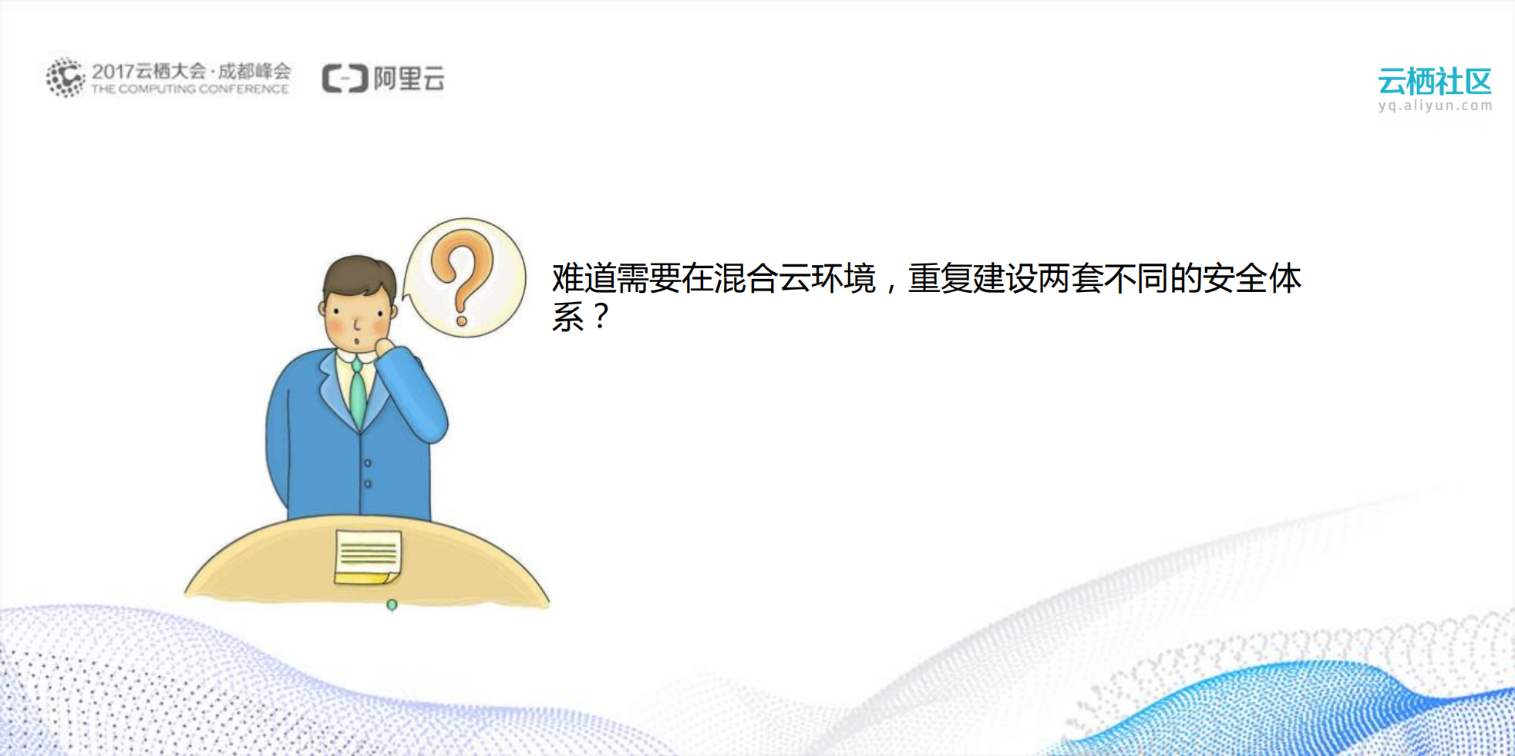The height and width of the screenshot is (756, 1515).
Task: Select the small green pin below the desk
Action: pos(392,606)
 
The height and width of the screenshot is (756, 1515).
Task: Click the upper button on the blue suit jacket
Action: pos(368,463)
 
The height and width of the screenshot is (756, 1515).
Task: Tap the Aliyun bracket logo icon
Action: pos(344,79)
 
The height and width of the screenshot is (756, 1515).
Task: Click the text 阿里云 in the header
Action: pos(409,79)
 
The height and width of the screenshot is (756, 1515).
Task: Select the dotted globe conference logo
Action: pos(65,77)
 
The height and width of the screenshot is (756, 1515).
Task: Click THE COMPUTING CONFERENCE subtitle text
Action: pos(190,89)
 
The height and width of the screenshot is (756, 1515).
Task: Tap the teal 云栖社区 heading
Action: pos(1434,81)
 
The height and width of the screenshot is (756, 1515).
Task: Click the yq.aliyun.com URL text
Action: pos(1435,106)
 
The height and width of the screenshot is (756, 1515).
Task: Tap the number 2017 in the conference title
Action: pos(113,72)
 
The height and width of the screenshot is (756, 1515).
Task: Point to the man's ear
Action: pos(322,308)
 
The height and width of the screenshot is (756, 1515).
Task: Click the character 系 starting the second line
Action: pos(568,317)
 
